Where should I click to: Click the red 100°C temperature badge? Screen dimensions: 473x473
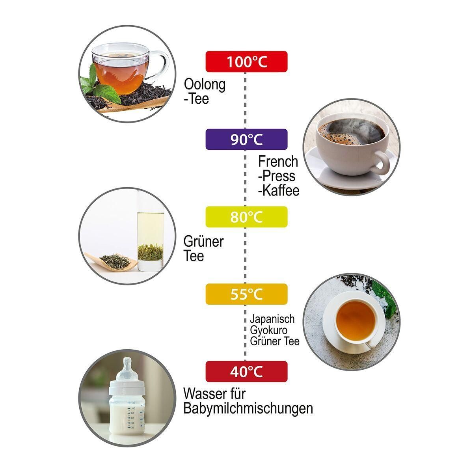pyautogui.click(x=246, y=61)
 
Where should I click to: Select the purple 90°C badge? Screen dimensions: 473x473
pyautogui.click(x=246, y=139)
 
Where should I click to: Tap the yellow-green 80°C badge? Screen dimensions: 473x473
pyautogui.click(x=246, y=217)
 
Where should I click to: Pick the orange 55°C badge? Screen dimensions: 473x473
pyautogui.click(x=246, y=294)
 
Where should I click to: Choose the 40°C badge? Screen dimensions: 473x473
pyautogui.click(x=246, y=371)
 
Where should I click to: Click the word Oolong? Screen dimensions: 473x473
pyautogui.click(x=205, y=85)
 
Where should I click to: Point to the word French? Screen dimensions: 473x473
pyautogui.click(x=278, y=162)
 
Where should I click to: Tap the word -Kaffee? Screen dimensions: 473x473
pyautogui.click(x=279, y=191)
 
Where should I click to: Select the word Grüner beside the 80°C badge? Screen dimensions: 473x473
pyautogui.click(x=203, y=242)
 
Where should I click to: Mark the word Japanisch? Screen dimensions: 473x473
pyautogui.click(x=272, y=319)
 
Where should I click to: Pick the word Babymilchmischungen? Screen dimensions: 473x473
pyautogui.click(x=248, y=409)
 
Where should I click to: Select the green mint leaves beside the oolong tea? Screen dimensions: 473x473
pyautogui.click(x=99, y=86)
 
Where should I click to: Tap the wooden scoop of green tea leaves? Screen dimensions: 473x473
pyautogui.click(x=111, y=261)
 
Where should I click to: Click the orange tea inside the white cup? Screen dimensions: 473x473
pyautogui.click(x=356, y=320)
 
